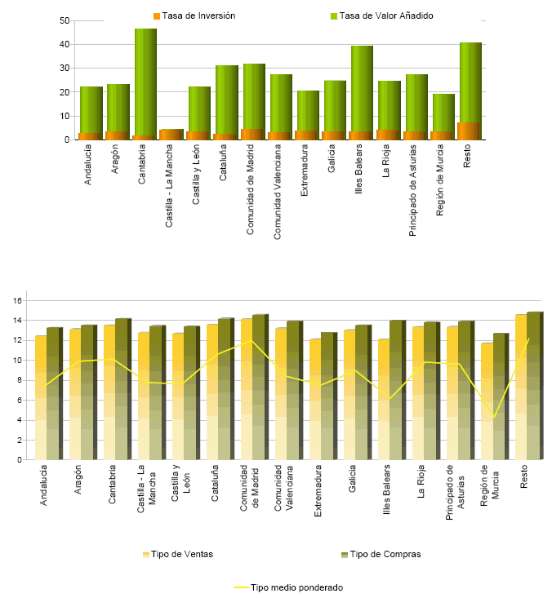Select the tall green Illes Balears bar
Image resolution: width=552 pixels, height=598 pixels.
362,86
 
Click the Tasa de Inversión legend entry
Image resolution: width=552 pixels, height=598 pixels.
194,16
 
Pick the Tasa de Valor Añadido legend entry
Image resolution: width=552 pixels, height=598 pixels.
381,16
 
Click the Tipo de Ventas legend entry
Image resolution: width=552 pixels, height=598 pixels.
178,554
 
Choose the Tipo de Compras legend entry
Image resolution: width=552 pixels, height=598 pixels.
381,554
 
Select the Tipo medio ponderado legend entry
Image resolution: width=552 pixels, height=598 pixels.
288,587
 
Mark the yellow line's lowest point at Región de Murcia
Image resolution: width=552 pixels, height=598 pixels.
494,418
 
